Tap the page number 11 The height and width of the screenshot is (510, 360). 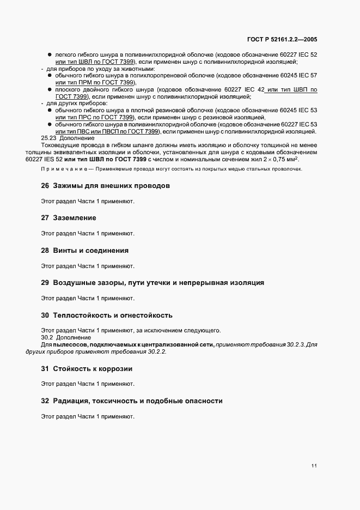point(314,466)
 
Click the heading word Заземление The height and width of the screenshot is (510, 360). point(75,218)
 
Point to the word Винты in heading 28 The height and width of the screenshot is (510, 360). point(65,251)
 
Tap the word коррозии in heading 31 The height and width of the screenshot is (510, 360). point(117,369)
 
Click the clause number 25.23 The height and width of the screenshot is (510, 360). point(50,138)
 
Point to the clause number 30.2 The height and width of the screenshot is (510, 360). point(47,337)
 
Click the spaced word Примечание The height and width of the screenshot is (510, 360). point(58,169)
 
